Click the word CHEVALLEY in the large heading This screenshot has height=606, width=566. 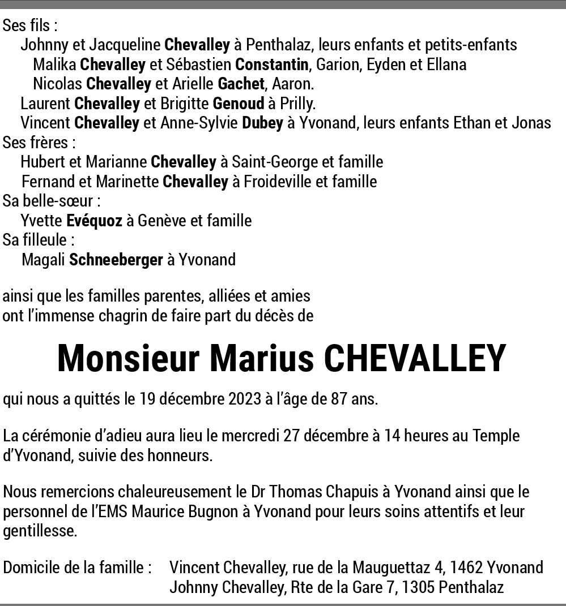click(414, 359)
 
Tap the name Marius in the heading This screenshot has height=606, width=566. click(262, 359)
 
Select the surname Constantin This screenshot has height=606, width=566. click(272, 65)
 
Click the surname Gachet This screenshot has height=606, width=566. click(241, 84)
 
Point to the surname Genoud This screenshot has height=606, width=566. click(239, 104)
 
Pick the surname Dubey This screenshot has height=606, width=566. click(262, 123)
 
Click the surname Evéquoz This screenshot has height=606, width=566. click(94, 221)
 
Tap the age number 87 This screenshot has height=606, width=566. click(339, 399)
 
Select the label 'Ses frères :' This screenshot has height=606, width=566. click(39, 143)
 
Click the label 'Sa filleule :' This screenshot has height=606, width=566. click(39, 240)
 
